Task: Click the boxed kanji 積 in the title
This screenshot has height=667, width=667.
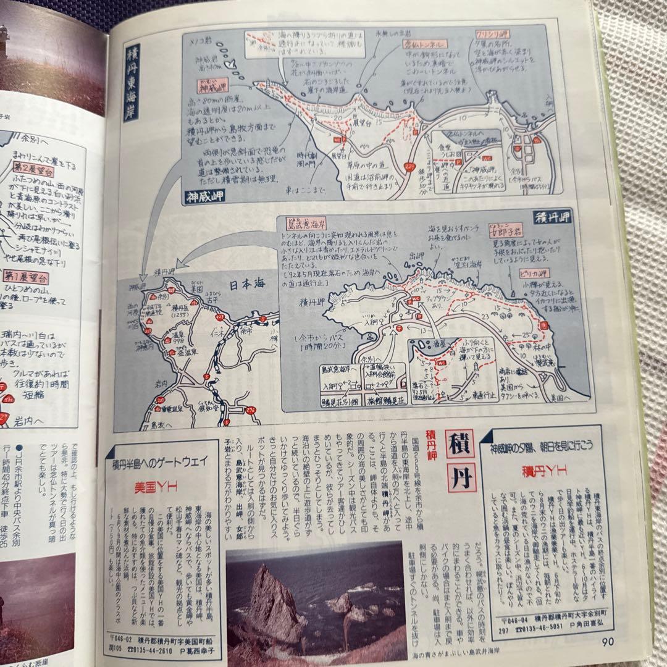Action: (461, 443)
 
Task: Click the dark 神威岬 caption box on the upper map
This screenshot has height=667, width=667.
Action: (204, 197)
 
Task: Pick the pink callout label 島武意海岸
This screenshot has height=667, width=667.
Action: (308, 221)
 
